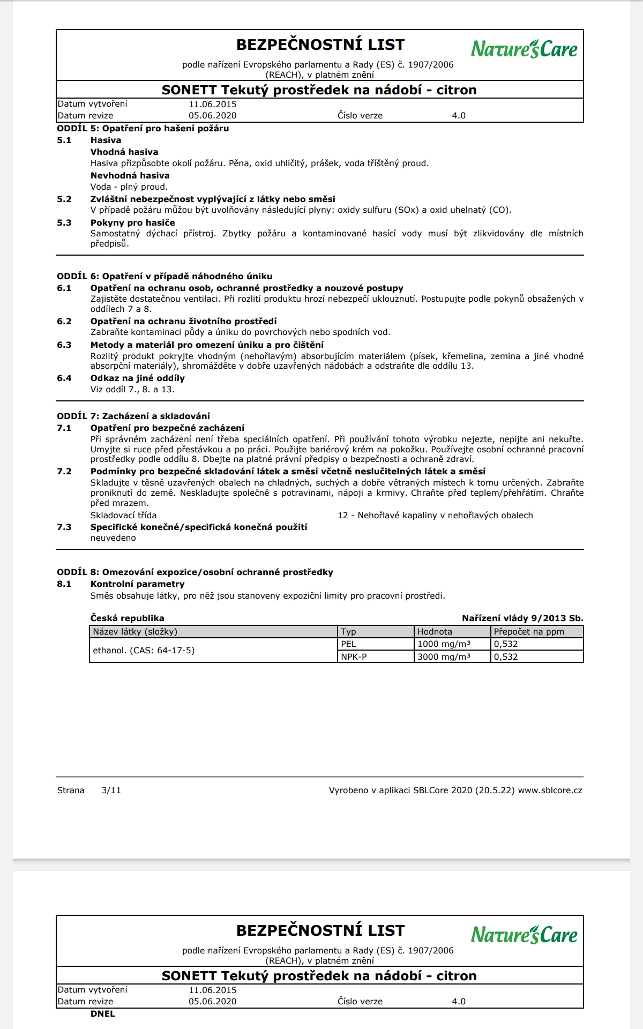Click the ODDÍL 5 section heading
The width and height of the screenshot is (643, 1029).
(x=143, y=129)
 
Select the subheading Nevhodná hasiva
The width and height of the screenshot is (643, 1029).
(x=130, y=176)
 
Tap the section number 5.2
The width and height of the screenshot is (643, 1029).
(x=64, y=199)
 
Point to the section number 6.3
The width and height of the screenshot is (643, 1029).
(x=64, y=345)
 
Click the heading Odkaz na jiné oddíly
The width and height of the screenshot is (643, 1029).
(x=137, y=378)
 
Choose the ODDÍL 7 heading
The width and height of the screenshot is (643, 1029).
(x=133, y=416)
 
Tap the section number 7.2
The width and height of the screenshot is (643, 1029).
(x=64, y=472)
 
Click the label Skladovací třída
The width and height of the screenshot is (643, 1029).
(x=123, y=516)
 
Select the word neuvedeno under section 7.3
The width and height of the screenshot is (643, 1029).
(x=113, y=538)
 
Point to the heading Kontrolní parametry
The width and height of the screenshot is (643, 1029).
(x=137, y=584)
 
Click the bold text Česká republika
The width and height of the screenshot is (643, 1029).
(x=127, y=618)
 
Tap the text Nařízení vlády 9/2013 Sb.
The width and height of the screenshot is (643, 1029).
(x=522, y=618)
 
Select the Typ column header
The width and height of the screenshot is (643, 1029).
(x=349, y=632)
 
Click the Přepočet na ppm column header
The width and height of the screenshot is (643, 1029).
(x=529, y=632)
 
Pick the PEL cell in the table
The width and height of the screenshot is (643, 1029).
(x=349, y=644)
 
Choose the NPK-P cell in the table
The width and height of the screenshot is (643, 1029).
(x=354, y=657)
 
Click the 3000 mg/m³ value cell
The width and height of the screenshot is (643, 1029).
(x=444, y=657)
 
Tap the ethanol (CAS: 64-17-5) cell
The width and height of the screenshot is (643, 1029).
(x=144, y=651)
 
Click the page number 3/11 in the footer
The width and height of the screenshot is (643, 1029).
(x=111, y=791)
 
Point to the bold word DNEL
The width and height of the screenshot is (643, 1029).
(x=103, y=1014)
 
